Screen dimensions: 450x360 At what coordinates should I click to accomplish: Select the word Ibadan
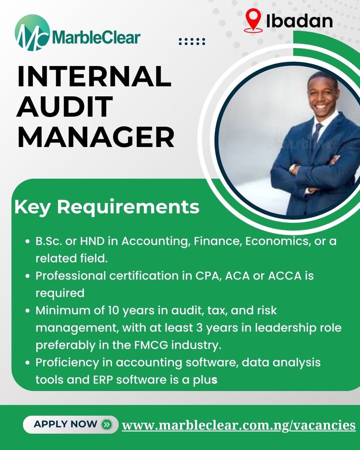pyautogui.click(x=299, y=21)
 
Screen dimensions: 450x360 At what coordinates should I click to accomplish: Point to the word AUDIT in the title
pyautogui.click(x=65, y=106)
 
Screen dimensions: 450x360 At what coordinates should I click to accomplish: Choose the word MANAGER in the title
pyautogui.click(x=96, y=137)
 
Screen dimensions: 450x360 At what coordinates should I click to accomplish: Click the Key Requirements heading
pyautogui.click(x=107, y=207)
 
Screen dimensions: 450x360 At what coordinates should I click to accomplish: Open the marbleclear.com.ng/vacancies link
pyautogui.click(x=239, y=425)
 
